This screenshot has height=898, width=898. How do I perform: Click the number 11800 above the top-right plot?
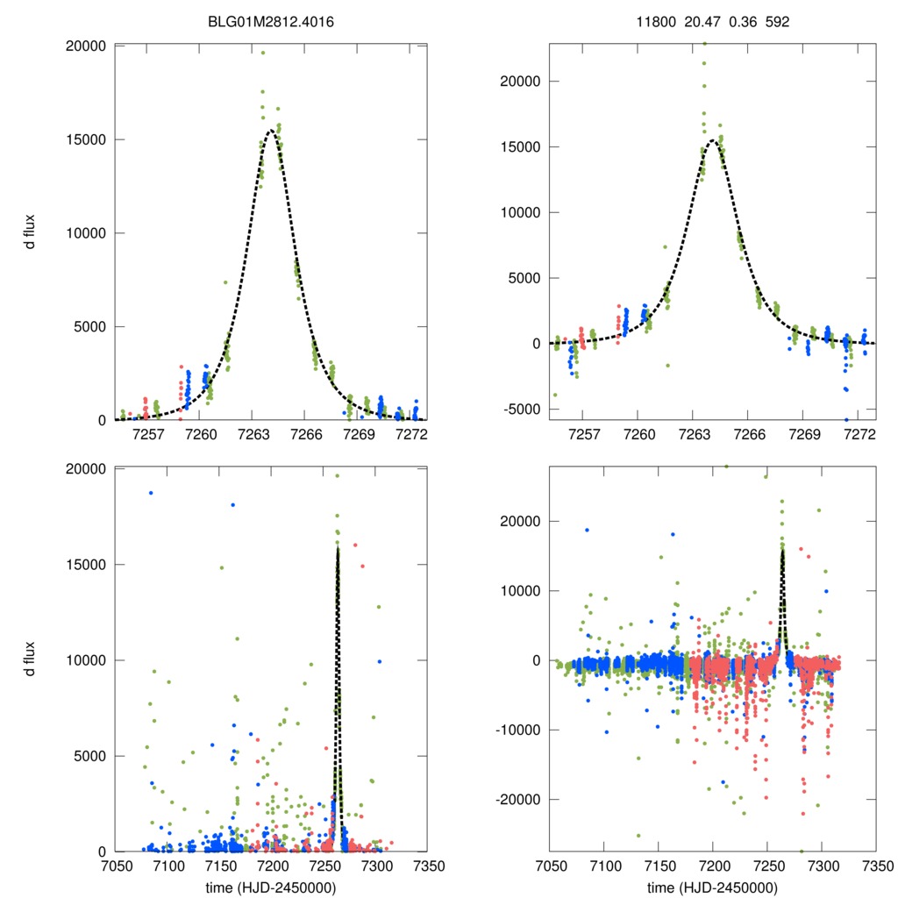tap(656, 21)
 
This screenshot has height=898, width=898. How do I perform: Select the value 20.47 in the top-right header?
tap(702, 21)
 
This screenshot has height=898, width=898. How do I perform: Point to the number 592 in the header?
tap(777, 21)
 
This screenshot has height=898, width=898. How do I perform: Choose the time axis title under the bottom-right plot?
tap(712, 887)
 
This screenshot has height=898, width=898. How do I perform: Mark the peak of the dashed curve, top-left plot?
tap(271, 131)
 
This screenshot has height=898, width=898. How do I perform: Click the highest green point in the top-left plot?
tap(262, 53)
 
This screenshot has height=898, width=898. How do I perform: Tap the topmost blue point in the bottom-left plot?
tap(151, 493)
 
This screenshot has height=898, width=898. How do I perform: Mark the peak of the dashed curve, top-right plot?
tap(714, 139)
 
